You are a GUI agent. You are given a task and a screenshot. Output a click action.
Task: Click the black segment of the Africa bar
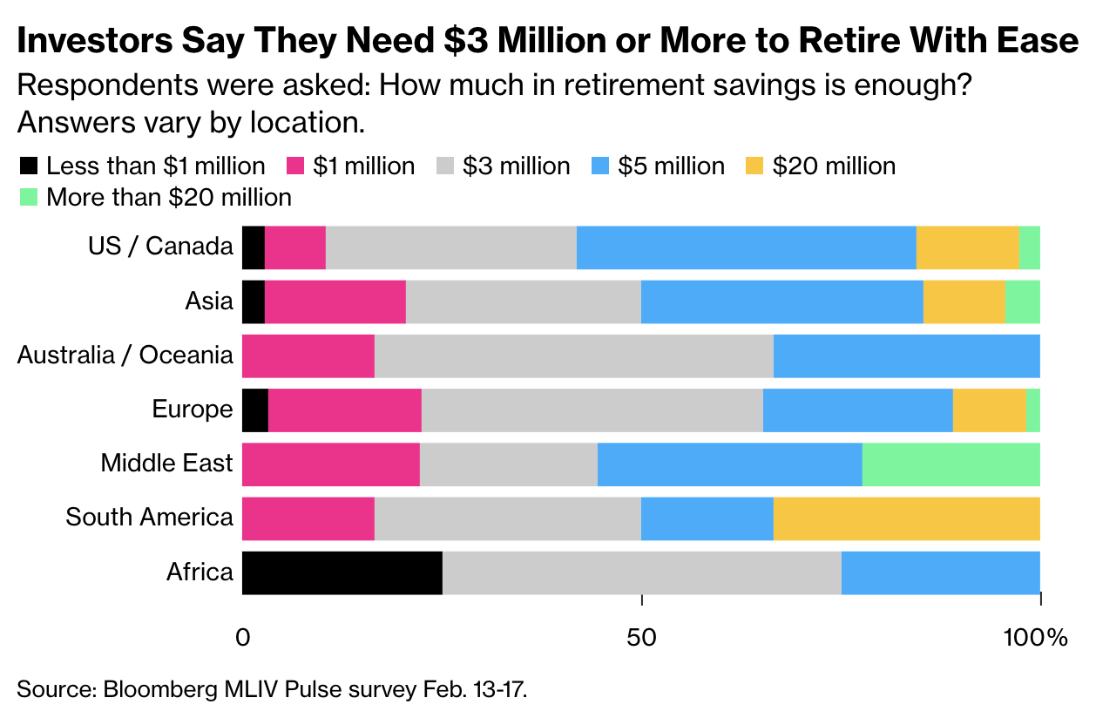342,572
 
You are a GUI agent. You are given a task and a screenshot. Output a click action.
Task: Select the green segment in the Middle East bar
951,464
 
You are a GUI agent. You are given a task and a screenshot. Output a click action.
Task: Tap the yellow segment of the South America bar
906,518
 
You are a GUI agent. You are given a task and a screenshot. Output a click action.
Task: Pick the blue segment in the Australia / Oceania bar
906,356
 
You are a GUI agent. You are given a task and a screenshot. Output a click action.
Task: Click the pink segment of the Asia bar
335,301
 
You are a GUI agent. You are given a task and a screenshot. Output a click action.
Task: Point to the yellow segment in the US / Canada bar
967,247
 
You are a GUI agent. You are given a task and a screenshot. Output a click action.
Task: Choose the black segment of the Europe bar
254,410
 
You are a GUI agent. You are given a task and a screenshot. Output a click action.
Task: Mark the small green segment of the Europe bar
1032,410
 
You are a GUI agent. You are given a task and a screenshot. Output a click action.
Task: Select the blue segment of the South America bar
707,518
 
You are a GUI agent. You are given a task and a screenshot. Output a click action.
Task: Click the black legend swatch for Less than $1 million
28,166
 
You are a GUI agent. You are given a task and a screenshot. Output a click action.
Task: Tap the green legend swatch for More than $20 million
28,197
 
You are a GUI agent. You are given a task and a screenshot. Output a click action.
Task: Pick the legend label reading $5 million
670,166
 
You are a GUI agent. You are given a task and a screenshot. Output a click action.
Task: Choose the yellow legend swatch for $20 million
755,166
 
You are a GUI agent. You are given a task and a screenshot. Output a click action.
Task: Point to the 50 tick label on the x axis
641,637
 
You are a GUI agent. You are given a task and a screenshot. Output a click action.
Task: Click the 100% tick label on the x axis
1040,637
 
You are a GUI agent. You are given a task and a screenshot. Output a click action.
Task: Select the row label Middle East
166,463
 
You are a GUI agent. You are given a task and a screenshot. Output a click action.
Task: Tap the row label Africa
200,572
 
